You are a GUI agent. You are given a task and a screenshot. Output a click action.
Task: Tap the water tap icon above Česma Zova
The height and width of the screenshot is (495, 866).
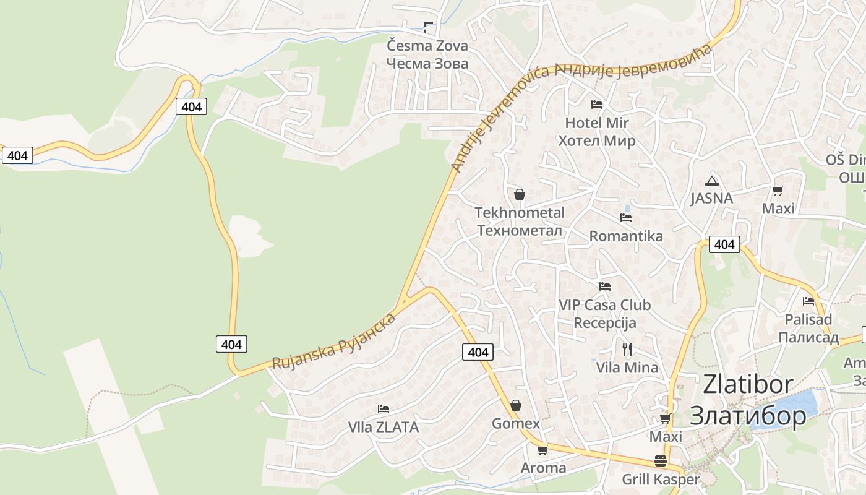point(427,27)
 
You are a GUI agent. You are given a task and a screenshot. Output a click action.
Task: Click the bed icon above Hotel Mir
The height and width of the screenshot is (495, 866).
point(597,105)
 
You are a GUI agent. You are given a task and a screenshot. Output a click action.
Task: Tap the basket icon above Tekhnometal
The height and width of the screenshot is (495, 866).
point(520,194)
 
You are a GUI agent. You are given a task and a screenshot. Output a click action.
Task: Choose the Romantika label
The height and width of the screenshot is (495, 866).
point(626,236)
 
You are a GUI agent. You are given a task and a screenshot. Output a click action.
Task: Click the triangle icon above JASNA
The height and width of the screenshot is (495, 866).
point(712,181)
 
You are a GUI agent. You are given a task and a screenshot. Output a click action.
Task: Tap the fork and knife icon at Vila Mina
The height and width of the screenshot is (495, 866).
point(627,350)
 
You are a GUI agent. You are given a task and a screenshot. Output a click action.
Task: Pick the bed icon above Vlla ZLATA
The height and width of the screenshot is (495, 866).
point(384,409)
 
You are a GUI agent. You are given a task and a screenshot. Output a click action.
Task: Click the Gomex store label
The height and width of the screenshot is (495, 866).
point(516,424)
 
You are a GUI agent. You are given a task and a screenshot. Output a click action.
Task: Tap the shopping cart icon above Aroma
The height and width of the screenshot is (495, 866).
point(543,450)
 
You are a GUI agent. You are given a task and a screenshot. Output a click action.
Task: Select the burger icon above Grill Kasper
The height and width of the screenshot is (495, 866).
point(661,462)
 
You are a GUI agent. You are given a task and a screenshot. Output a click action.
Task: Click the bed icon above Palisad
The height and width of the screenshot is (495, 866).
point(808,301)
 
